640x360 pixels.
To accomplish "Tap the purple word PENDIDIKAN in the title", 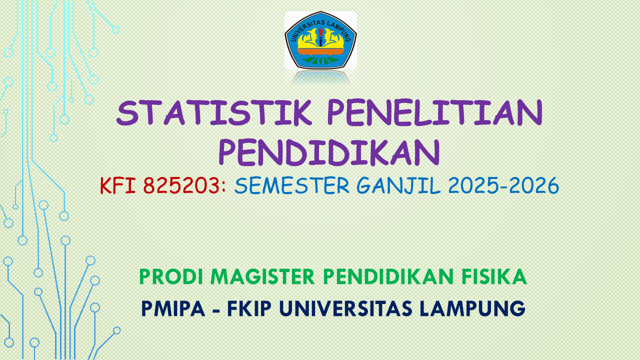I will click(x=329, y=152).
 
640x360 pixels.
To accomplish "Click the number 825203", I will click(x=181, y=186).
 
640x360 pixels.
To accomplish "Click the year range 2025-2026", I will click(x=503, y=186).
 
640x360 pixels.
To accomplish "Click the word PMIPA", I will click(x=173, y=308).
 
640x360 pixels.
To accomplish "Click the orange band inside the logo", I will click(x=320, y=51).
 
